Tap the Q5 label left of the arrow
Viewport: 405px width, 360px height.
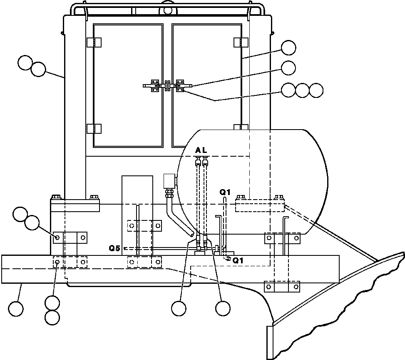(x=114, y=248)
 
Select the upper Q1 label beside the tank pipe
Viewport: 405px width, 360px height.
(x=225, y=192)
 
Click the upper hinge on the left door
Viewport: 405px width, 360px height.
(x=94, y=42)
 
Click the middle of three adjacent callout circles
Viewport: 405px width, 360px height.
(x=302, y=90)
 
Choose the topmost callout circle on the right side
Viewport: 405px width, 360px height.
(x=288, y=48)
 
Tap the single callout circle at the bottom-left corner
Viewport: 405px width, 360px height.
(x=16, y=309)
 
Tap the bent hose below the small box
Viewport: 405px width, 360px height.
(x=176, y=217)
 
